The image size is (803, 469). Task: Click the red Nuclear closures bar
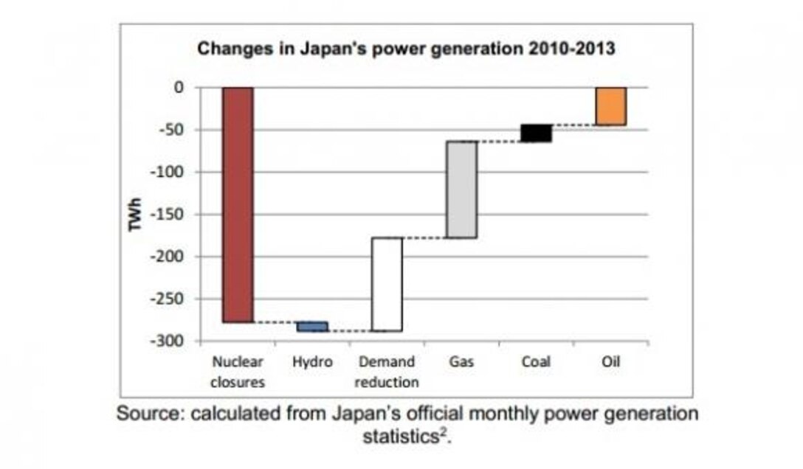(x=238, y=205)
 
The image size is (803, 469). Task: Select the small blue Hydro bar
(x=313, y=327)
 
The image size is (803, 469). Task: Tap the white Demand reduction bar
(x=387, y=284)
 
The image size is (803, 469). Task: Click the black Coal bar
(x=537, y=133)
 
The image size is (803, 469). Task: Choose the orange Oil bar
(x=611, y=106)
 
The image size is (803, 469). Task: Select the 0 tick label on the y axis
(x=178, y=88)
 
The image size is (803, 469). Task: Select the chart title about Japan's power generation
(x=406, y=50)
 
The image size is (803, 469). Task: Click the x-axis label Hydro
(x=312, y=362)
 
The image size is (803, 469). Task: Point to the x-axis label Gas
(x=461, y=362)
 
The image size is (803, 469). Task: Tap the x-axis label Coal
(x=536, y=362)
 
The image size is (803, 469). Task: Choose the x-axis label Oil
(x=611, y=362)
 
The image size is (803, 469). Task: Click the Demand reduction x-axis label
(x=387, y=372)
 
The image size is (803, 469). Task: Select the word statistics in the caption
(x=402, y=437)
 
